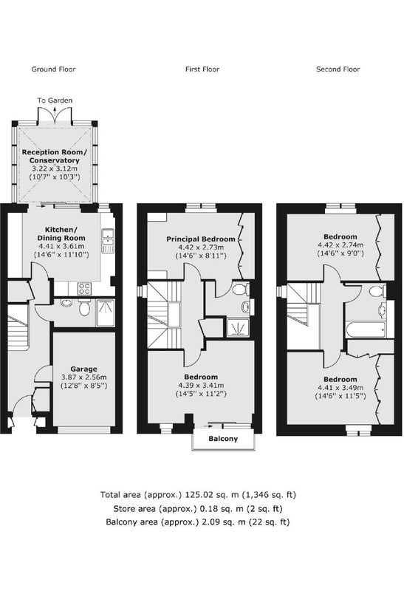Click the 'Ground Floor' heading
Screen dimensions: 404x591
tap(53, 69)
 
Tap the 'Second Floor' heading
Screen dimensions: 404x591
tap(338, 69)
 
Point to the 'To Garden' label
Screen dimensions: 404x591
tap(55, 100)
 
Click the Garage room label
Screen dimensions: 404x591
tap(83, 369)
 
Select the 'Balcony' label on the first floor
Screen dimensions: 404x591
tap(223, 439)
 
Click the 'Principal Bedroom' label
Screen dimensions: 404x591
tap(201, 239)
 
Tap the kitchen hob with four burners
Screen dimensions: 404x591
tap(84, 289)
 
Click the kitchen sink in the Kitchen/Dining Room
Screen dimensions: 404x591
tap(108, 240)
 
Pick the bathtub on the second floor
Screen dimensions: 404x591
tap(366, 329)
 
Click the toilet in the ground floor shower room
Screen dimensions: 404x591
tap(84, 309)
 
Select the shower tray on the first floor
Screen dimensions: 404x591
tap(238, 327)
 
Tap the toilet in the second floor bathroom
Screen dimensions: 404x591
tap(377, 291)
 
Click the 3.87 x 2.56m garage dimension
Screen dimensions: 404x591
tap(83, 378)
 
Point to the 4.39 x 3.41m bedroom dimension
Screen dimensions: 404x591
tap(201, 386)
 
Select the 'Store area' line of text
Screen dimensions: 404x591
tap(198, 508)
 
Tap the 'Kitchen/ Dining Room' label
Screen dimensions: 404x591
tap(61, 233)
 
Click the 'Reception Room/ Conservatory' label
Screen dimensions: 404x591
tap(54, 156)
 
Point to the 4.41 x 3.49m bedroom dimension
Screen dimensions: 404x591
tap(340, 388)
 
